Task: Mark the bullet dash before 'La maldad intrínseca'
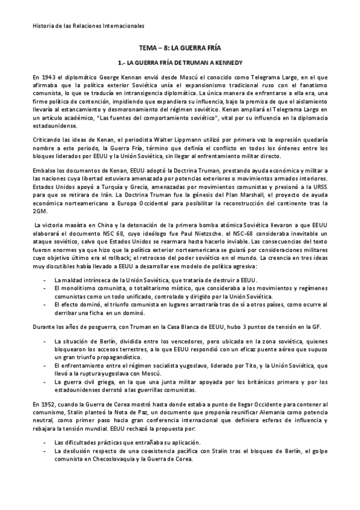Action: coord(46,280)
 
